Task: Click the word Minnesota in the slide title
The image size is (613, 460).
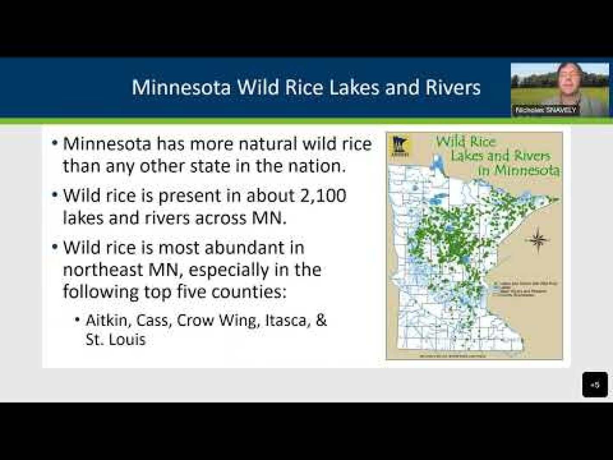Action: coord(181,88)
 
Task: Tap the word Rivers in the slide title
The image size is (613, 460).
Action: coord(453,88)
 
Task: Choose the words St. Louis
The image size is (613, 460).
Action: coord(115,339)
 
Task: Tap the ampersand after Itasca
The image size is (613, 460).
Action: coord(321,320)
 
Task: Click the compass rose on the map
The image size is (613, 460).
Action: coord(537,239)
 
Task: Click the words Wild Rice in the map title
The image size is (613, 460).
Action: coord(466,142)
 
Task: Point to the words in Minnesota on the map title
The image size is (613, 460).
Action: coord(519,170)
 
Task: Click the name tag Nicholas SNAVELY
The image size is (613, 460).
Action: coord(546,110)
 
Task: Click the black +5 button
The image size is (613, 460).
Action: coord(595,384)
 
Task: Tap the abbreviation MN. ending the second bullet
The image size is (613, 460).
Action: coord(269,218)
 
